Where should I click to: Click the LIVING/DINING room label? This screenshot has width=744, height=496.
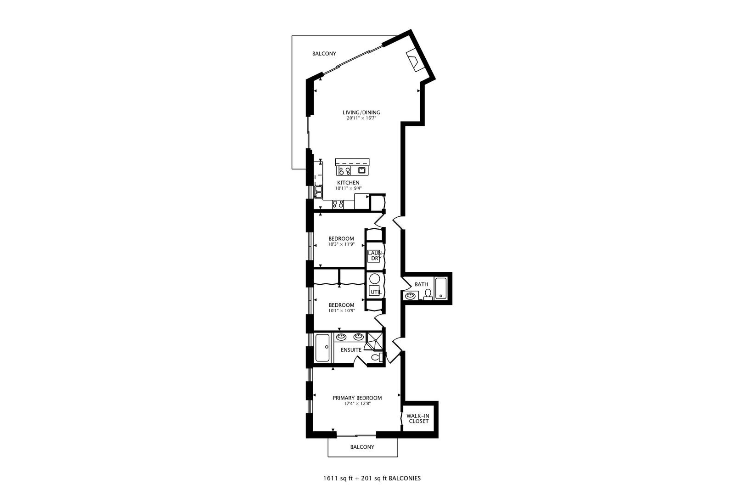tap(361, 113)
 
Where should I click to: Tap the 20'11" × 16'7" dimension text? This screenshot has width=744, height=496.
tap(361, 118)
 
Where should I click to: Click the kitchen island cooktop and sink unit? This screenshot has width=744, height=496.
tap(352, 168)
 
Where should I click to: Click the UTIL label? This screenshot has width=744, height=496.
tap(375, 292)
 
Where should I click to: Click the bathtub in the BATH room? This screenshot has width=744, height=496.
tap(441, 288)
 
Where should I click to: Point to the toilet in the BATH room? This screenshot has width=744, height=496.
tap(428, 294)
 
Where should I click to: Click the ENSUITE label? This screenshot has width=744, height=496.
tap(351, 350)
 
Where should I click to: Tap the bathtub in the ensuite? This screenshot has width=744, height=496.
tap(322, 348)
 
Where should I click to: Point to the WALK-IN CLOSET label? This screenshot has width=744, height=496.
tap(418, 418)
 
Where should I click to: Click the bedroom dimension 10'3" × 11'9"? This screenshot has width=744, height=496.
tap(341, 244)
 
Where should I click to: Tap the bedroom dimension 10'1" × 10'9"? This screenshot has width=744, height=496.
tap(341, 311)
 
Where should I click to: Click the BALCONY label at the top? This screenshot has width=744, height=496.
tap(324, 54)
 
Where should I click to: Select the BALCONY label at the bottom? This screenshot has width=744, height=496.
tap(362, 447)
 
